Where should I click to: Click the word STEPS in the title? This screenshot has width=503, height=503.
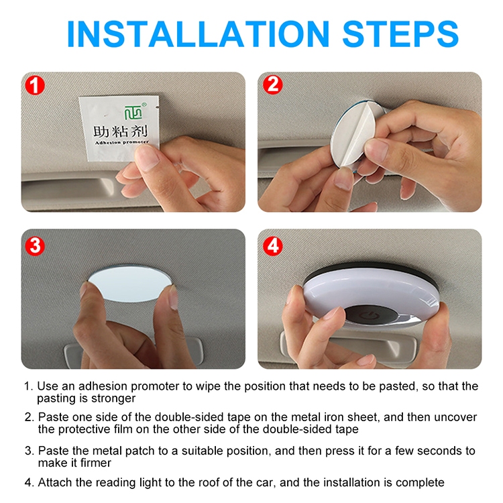click(400, 34)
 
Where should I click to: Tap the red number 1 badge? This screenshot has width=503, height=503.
click(35, 85)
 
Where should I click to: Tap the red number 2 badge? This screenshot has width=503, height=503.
click(273, 85)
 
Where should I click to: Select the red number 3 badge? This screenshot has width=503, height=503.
click(35, 246)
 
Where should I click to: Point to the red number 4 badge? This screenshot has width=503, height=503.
click(273, 246)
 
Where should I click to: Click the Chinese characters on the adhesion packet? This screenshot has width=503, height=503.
click(121, 131)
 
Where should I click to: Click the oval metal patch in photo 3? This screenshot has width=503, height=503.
click(129, 284)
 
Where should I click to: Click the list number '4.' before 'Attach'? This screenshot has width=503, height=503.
click(30, 482)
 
